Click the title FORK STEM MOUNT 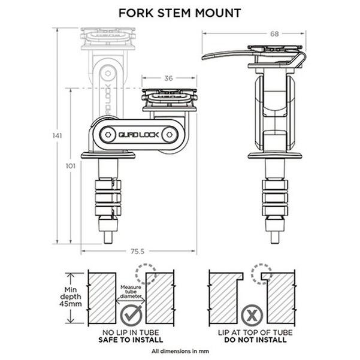179,12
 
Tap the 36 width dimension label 169,78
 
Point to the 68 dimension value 275,34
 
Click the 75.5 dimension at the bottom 138,251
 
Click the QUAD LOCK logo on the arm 138,134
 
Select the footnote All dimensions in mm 180,351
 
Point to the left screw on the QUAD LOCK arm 109,134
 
